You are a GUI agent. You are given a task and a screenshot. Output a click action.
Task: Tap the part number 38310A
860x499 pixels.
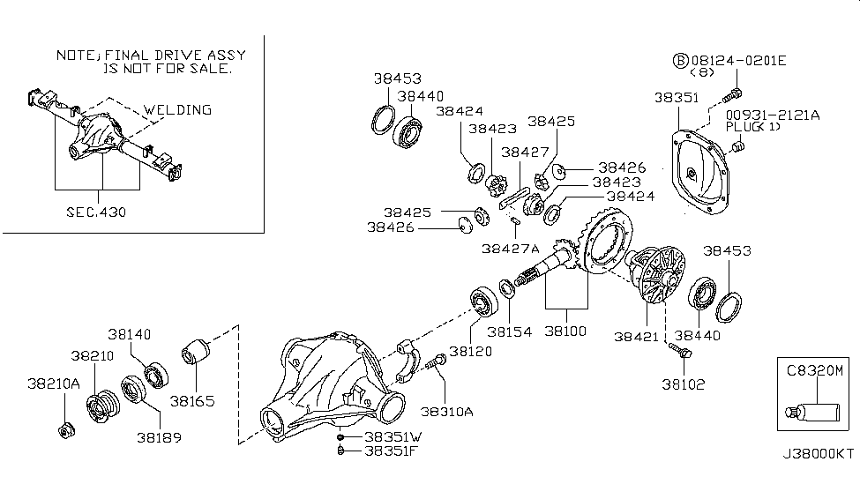446,411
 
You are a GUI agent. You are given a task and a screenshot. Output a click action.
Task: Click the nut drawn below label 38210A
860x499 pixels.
66,430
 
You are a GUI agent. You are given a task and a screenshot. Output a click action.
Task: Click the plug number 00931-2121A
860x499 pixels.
773,115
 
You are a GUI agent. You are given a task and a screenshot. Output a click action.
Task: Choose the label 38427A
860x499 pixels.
507,248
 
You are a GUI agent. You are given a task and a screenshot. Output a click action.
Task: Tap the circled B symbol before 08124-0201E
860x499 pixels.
680,60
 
